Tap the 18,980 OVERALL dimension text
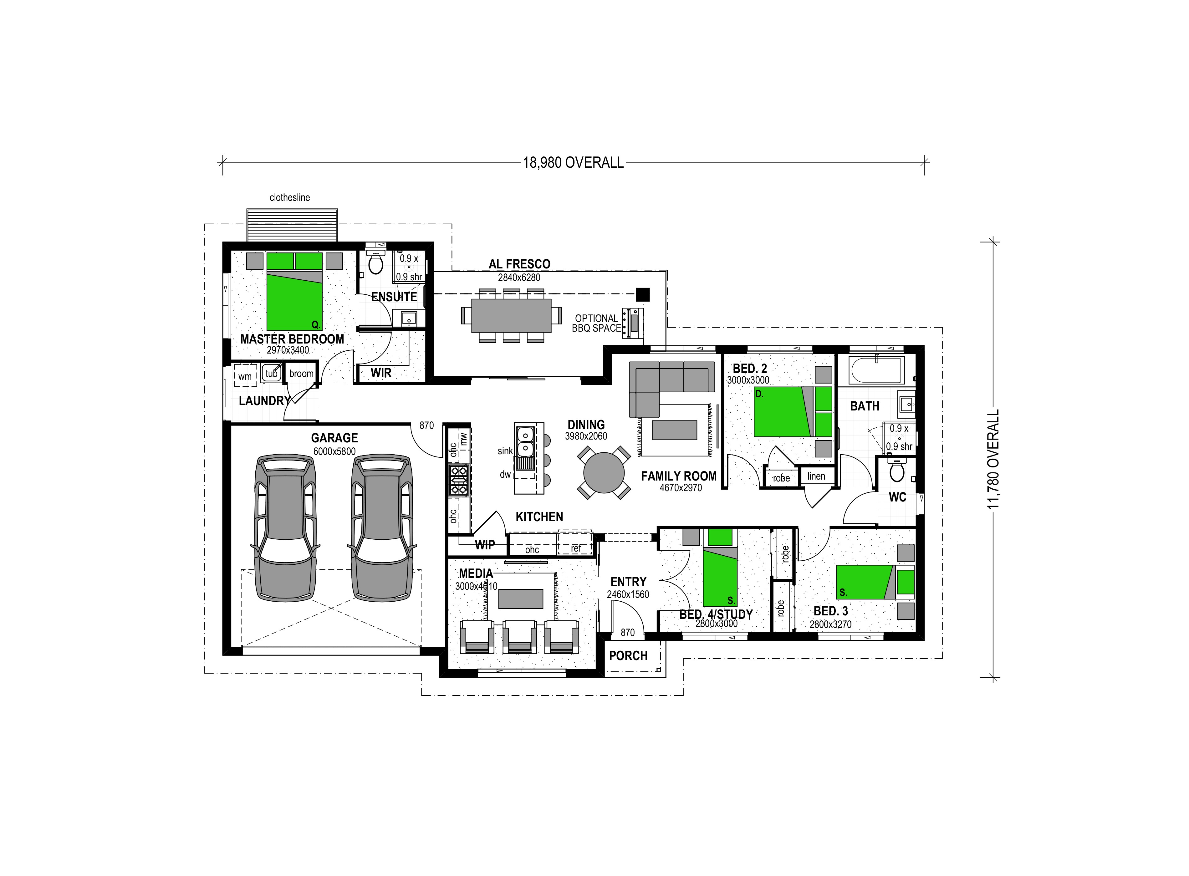[x=573, y=163]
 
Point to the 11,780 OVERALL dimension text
[x=993, y=459]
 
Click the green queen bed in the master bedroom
[x=294, y=291]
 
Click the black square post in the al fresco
[x=643, y=294]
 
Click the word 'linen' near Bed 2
[x=816, y=476]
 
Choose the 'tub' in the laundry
[x=272, y=373]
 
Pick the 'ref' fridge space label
[x=576, y=549]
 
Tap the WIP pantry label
[x=485, y=545]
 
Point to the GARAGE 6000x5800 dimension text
[x=334, y=452]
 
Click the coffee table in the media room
[x=521, y=599]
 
